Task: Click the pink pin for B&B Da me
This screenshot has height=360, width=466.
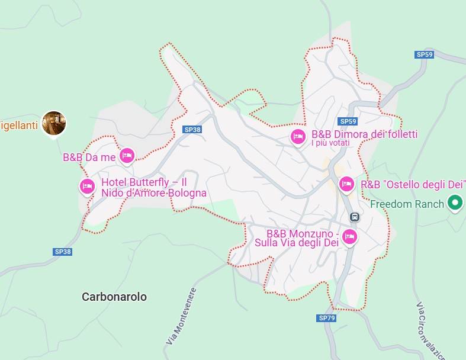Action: (x=127, y=156)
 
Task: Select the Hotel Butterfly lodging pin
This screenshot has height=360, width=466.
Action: (x=87, y=186)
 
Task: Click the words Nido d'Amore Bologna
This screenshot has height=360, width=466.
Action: (x=153, y=193)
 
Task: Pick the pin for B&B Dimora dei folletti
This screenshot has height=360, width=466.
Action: (x=298, y=136)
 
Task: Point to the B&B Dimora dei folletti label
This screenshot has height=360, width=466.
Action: (x=364, y=134)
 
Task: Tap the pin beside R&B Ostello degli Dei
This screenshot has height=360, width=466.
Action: (x=346, y=184)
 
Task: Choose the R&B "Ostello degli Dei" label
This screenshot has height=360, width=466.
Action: (x=410, y=185)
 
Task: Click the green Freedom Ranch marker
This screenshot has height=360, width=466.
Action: (x=455, y=203)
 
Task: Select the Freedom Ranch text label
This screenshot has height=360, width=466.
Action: (x=407, y=204)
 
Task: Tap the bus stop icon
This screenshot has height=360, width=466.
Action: (x=354, y=217)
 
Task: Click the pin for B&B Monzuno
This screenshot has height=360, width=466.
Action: (x=350, y=237)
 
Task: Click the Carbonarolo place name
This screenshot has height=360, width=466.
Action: (x=114, y=297)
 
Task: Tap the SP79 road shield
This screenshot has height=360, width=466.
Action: (x=327, y=318)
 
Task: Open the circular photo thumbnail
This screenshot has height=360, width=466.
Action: (x=54, y=123)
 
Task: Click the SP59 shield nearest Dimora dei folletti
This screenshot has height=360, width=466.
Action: (x=348, y=121)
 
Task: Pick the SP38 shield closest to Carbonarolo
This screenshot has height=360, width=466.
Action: (x=63, y=252)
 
